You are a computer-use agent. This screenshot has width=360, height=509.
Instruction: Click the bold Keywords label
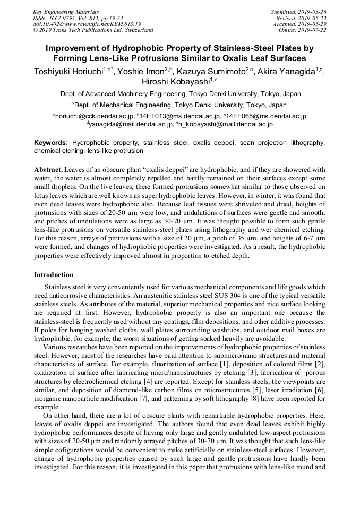(x=51, y=143)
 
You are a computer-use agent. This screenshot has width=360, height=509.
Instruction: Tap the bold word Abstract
(x=48, y=170)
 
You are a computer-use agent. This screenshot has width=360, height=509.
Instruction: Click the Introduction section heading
(x=54, y=275)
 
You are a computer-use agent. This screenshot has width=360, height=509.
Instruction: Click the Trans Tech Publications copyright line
(x=93, y=30)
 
